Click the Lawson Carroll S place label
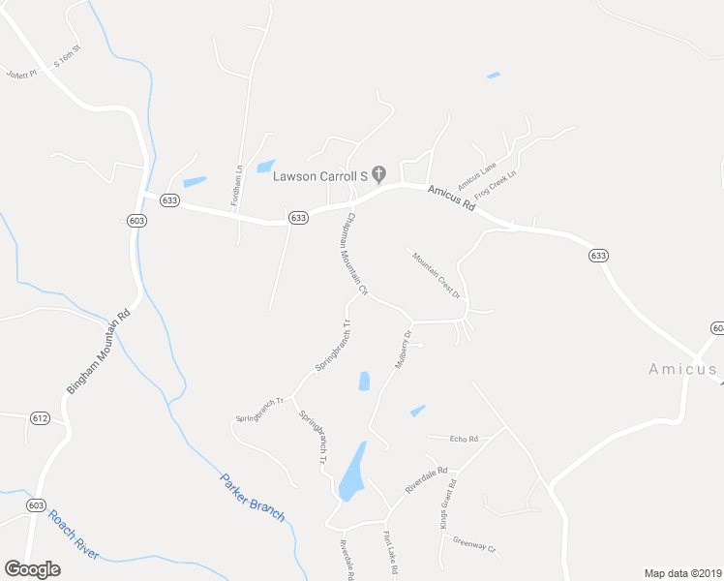click(319, 175)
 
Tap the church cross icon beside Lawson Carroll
click(379, 174)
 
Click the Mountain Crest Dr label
click(436, 274)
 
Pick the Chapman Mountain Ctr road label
click(350, 253)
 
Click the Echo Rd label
click(465, 439)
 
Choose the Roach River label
click(74, 535)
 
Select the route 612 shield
click(39, 417)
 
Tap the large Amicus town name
click(682, 368)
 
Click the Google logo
click(32, 568)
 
